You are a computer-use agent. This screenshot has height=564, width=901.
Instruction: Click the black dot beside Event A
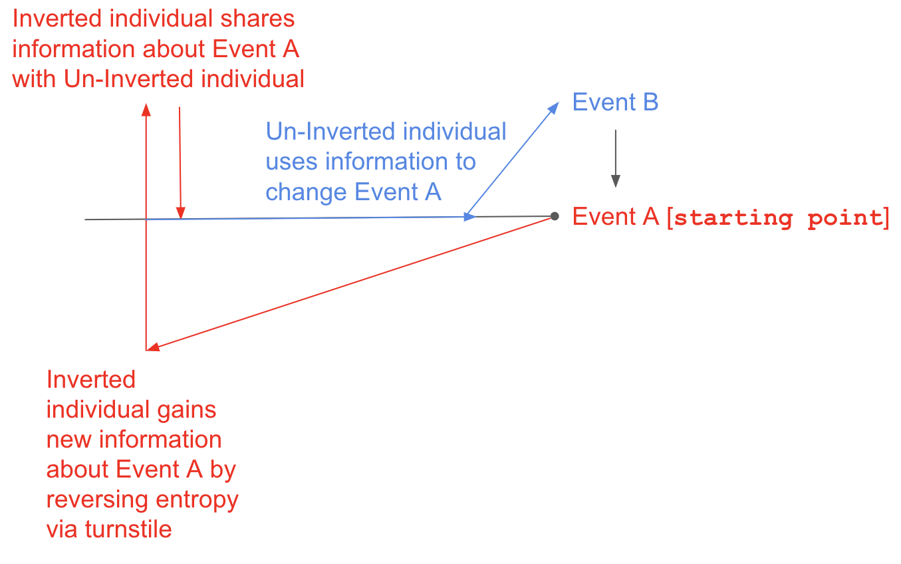555,215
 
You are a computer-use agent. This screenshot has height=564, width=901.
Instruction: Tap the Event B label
615,102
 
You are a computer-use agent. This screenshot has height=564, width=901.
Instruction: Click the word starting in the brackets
733,218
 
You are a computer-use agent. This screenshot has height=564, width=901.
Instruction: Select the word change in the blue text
307,192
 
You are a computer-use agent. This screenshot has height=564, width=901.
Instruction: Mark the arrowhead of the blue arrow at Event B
555,107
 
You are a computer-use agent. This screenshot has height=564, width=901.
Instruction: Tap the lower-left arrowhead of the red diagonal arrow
152,347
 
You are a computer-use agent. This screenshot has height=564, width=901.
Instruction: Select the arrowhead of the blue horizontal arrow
470,216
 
